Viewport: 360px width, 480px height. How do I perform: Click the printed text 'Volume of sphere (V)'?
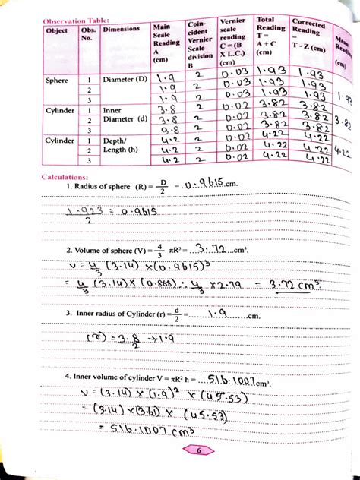click(110, 249)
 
